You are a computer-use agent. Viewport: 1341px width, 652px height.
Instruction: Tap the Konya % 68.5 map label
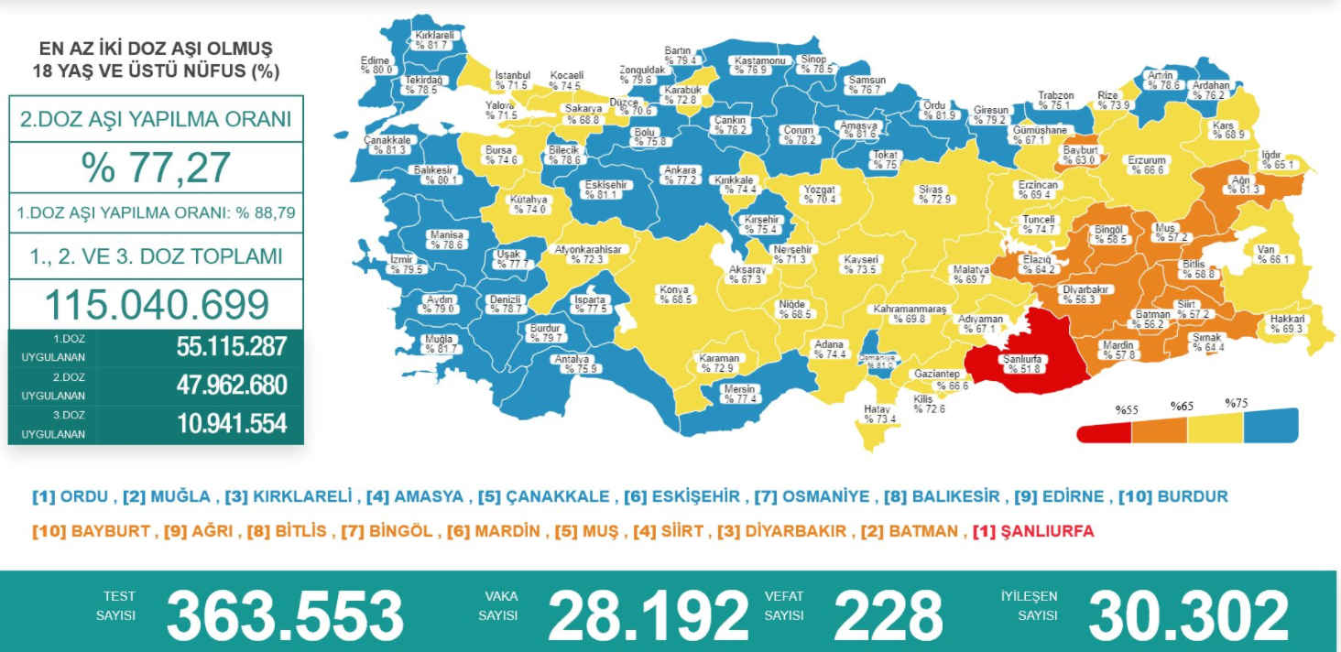coord(677,295)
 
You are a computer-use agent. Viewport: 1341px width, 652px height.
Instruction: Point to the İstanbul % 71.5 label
coord(512,80)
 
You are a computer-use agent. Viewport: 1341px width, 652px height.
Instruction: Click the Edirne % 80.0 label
coord(376,64)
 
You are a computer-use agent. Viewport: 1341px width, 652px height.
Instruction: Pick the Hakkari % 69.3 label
coord(1286,324)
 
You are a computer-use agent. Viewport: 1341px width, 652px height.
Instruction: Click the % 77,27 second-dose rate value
coord(156,168)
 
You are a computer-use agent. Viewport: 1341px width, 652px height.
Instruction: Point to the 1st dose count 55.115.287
coord(232,347)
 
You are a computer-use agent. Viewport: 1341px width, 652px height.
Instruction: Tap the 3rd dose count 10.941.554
coord(232,423)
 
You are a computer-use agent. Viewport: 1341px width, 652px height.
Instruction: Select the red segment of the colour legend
coord(1105,429)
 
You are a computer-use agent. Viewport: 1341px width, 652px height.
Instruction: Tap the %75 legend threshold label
coord(1237,402)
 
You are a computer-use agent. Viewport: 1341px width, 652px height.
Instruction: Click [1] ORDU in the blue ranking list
coord(71,497)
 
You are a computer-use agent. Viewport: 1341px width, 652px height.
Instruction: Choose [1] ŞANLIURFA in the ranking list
coord(1033,531)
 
